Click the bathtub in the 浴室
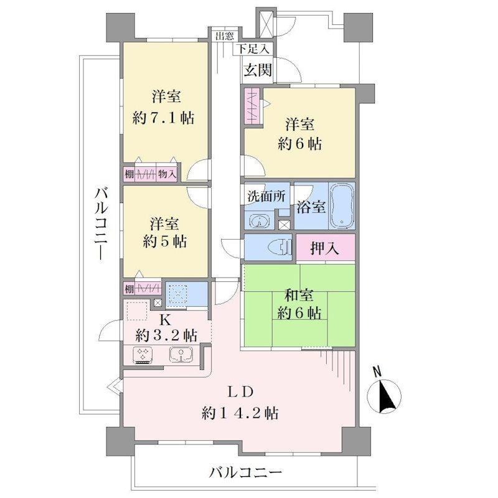click(341, 205)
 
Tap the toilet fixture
click(280, 247)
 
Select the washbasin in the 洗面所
click(260, 222)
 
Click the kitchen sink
click(181, 355)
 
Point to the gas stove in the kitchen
click(143, 355)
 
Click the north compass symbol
click(384, 395)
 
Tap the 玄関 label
click(258, 70)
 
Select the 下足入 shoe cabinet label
click(253, 49)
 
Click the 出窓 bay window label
click(225, 35)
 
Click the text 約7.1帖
click(163, 118)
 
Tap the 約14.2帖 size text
click(240, 413)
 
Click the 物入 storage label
click(167, 174)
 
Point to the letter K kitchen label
click(165, 320)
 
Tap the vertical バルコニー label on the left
click(101, 223)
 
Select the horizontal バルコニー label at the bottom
click(245, 472)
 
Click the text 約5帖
click(164, 242)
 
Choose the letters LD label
click(241, 392)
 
